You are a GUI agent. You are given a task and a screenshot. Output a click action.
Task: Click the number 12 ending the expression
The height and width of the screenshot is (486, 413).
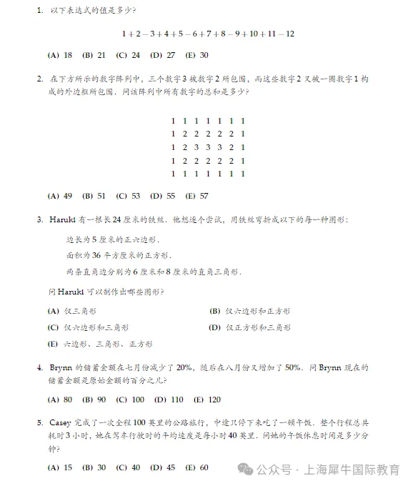[x=290, y=34]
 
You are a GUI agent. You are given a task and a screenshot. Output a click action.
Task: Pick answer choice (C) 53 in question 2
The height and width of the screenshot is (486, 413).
[x=128, y=196]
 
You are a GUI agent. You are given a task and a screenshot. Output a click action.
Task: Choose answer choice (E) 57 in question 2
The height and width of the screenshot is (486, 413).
[x=196, y=196]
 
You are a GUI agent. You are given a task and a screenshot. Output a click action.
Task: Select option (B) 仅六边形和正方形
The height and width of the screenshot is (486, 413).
[x=249, y=311]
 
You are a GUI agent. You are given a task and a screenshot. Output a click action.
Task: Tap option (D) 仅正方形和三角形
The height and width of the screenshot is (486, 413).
[x=249, y=328]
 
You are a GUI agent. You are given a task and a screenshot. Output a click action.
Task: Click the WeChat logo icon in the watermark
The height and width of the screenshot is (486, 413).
[x=245, y=470]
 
